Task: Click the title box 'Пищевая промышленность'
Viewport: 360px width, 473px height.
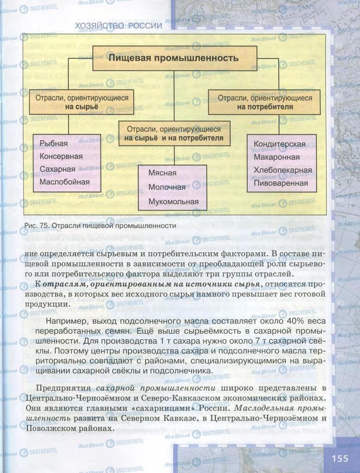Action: tap(174, 58)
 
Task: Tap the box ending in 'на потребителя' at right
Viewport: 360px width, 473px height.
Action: tap(264, 102)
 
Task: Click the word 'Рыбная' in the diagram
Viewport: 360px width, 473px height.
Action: tap(54, 144)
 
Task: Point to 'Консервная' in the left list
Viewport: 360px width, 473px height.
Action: tap(61, 156)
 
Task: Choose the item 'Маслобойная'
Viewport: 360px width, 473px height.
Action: tap(65, 182)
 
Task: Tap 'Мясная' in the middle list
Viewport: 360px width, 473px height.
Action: tap(162, 173)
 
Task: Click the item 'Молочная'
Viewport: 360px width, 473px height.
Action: tap(167, 187)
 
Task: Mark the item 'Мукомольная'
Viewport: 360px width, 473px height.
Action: tap(174, 201)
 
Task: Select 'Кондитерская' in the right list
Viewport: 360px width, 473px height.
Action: tap(279, 144)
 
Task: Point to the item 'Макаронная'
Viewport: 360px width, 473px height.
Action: tap(276, 157)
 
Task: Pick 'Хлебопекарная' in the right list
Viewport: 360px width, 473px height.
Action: tap(282, 170)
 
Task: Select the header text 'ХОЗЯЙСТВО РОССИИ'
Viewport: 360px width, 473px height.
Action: tap(118, 26)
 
